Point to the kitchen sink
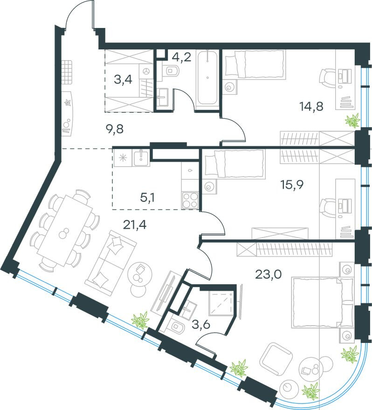(140, 157)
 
